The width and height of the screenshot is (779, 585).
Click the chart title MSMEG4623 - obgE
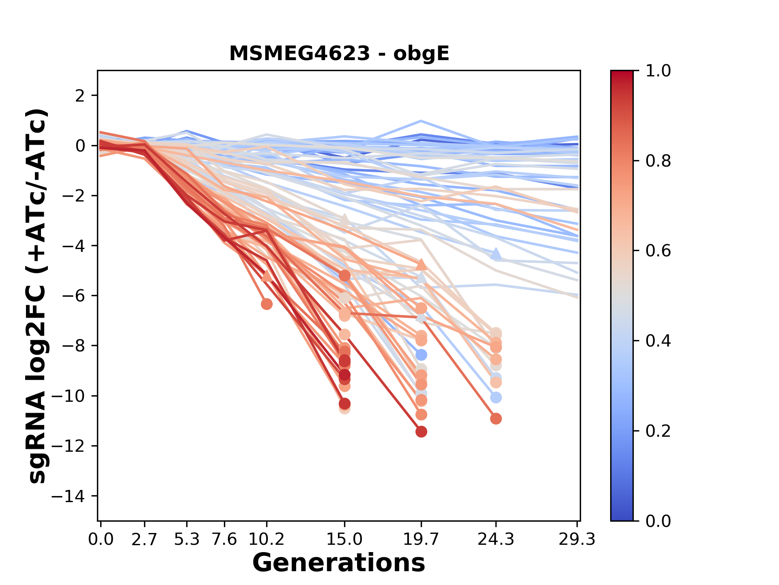[339, 53]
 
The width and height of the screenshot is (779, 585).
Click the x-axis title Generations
[339, 563]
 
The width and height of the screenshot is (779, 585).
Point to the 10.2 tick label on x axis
[266, 539]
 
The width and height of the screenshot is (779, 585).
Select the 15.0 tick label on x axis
[344, 539]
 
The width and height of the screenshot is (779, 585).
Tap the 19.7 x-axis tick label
[421, 539]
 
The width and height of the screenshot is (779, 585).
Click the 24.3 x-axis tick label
[495, 539]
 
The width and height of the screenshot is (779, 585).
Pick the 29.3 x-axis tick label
[577, 539]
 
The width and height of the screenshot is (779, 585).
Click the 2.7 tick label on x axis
[144, 539]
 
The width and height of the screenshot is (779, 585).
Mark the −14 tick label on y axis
[74, 496]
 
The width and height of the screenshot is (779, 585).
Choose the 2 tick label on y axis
[80, 96]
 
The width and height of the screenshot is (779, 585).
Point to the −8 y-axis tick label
[74, 346]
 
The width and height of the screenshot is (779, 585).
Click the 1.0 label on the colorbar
[658, 71]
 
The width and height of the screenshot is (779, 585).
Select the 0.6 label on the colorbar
[658, 251]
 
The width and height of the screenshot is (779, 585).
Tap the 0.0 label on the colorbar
[658, 521]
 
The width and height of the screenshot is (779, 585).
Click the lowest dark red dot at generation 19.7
[421, 431]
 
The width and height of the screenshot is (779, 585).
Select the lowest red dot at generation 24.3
[496, 418]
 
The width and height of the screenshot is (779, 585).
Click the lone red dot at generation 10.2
[267, 304]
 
